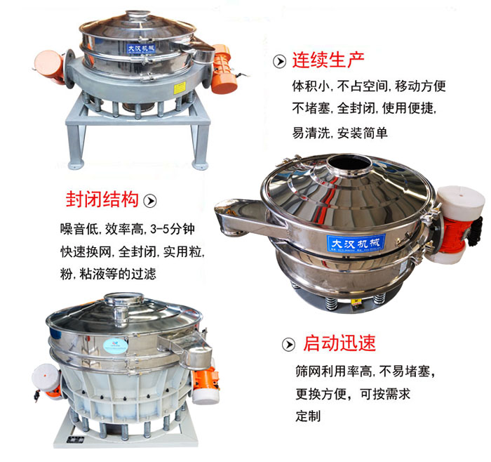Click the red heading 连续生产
[328, 60]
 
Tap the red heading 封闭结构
[102, 199]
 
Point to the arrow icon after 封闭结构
[149, 200]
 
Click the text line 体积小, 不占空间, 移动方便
[368, 87]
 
